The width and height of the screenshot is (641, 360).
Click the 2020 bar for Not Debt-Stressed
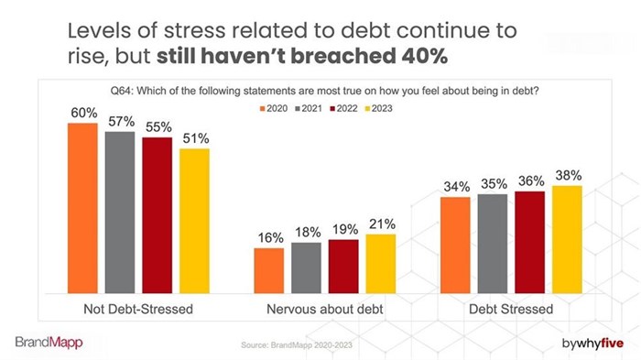[x=82, y=207]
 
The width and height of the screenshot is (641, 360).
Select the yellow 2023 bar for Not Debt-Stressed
[x=194, y=220]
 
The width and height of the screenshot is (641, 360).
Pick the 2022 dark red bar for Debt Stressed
[x=530, y=241]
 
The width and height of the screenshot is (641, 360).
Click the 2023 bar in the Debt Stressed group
[x=567, y=238]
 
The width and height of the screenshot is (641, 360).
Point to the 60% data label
[x=82, y=112]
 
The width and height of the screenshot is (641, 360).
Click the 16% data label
[x=268, y=237]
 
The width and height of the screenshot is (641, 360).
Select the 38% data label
[x=568, y=175]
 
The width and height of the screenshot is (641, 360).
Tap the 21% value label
[x=381, y=224]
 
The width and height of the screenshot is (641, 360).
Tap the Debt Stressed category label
[x=512, y=309]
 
